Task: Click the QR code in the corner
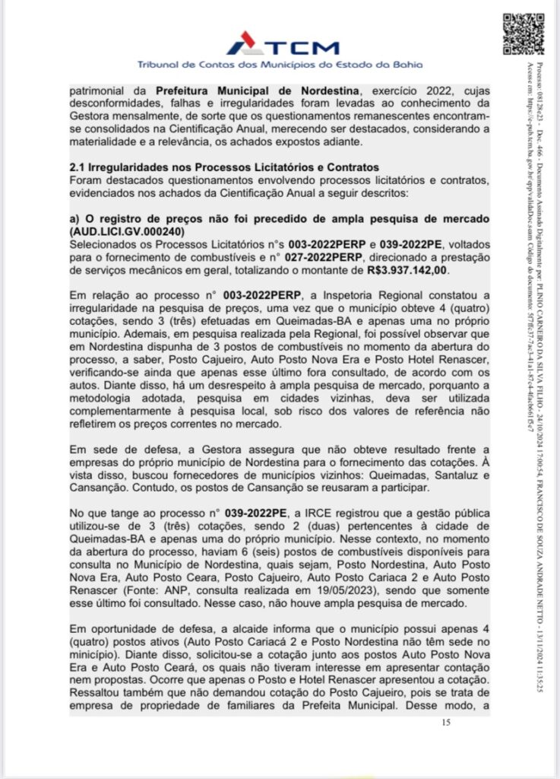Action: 524,33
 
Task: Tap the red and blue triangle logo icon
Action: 240,44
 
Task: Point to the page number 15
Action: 446,722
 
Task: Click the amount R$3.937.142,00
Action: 408,269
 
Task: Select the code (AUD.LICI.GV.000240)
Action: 128,230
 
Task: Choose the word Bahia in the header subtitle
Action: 408,65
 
